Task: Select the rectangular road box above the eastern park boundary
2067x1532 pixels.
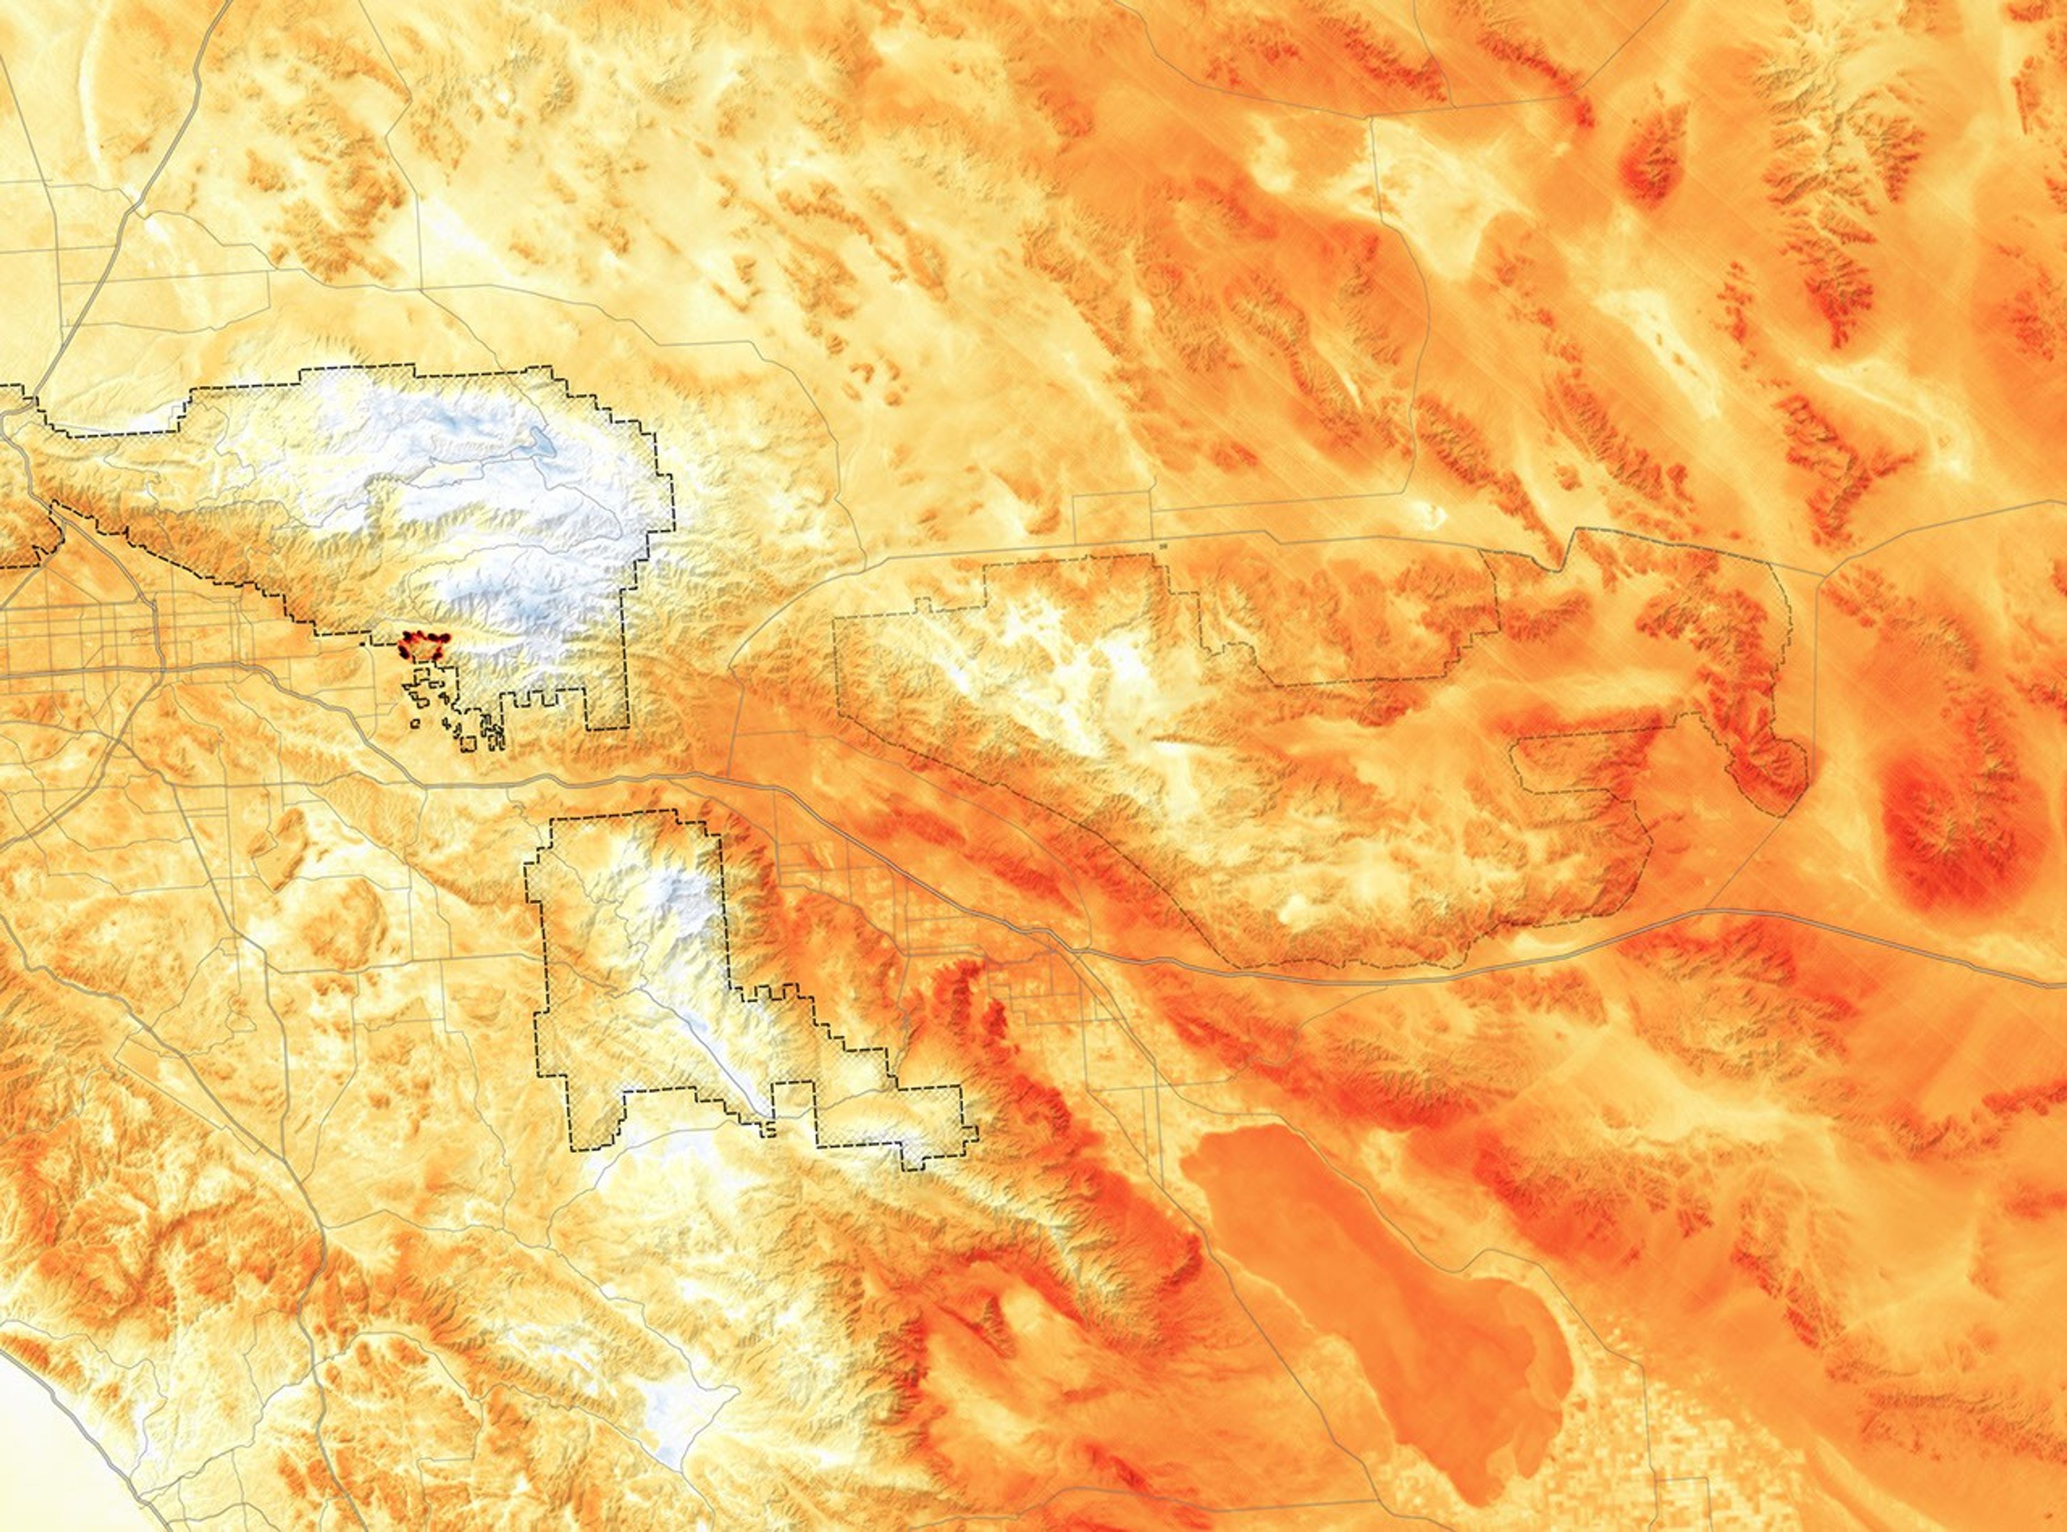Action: pyautogui.click(x=1113, y=515)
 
